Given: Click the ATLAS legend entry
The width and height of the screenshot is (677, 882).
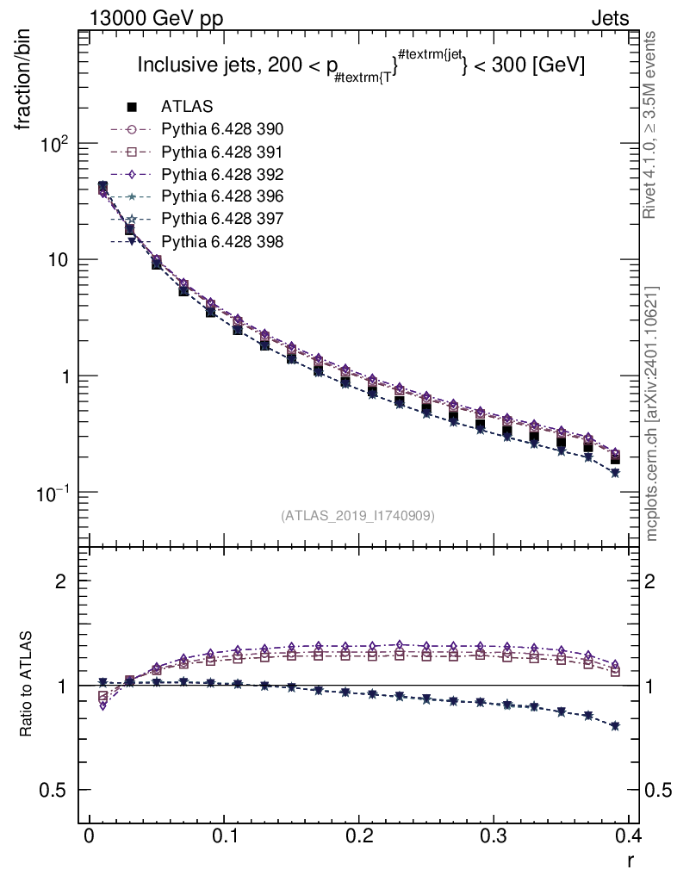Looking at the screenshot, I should pyautogui.click(x=187, y=107).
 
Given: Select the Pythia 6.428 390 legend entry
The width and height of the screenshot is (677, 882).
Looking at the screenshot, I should pyautogui.click(x=221, y=129).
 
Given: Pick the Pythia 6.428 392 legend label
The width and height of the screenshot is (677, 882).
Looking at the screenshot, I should pyautogui.click(x=221, y=174).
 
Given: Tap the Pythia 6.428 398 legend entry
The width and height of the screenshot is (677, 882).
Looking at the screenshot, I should pyautogui.click(x=221, y=241).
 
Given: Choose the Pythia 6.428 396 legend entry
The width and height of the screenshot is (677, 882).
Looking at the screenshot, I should pyautogui.click(x=221, y=196).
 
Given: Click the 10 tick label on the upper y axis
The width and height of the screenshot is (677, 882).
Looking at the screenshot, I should pyautogui.click(x=61, y=261).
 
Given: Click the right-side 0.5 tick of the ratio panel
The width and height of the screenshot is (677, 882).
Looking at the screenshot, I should pyautogui.click(x=659, y=791).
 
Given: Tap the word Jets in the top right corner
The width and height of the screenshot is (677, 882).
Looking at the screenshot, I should pyautogui.click(x=609, y=18).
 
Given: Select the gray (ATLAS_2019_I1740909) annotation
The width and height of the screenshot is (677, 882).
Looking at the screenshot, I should pyautogui.click(x=357, y=516).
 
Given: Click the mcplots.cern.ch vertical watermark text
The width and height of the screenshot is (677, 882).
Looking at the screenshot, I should pyautogui.click(x=652, y=413).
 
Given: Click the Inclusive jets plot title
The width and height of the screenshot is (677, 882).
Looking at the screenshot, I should pyautogui.click(x=362, y=65).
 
